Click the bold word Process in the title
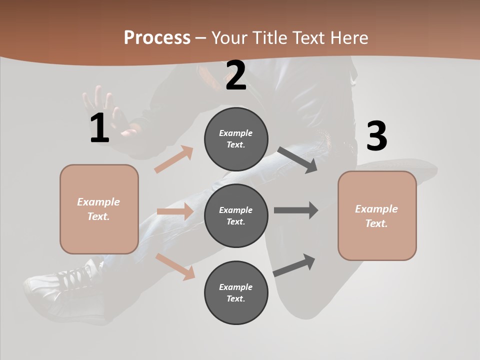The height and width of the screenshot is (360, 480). coord(157,38)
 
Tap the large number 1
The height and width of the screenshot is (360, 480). coord(99,128)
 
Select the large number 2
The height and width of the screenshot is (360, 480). coord(236,75)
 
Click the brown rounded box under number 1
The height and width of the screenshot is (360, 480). coord(99,209)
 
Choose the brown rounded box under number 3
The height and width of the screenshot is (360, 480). coord(377,215)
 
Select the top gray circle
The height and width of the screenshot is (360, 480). coord(236,139)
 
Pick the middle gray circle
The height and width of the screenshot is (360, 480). coord(236,215)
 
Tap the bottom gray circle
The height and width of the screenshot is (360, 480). coord(236,292)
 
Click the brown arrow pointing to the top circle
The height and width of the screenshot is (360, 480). coord(174,159)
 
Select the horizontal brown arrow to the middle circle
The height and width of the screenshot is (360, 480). coord(175,211)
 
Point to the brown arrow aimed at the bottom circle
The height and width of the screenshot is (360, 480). coord(175,266)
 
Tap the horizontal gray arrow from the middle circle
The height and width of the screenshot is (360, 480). coord(295,210)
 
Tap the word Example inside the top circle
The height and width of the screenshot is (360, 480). coord(236,133)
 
